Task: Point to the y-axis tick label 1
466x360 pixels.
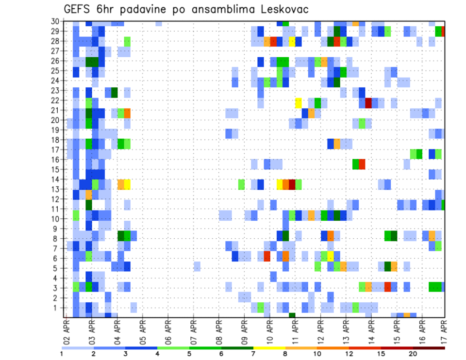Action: point(57,308)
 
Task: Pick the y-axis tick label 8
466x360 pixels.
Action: point(57,238)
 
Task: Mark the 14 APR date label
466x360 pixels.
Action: point(371,331)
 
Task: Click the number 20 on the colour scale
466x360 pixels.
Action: point(413,354)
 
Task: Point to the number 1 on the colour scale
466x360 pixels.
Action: point(62,354)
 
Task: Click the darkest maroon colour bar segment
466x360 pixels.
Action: point(429,348)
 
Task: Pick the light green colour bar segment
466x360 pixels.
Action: point(173,348)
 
